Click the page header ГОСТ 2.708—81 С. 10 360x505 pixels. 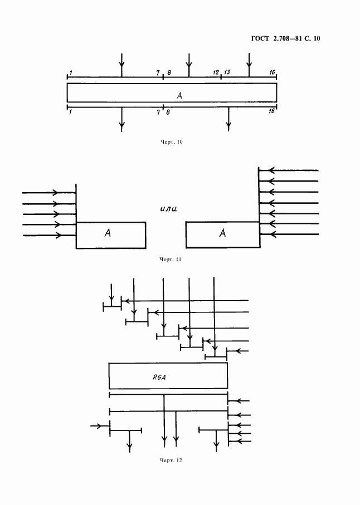(285, 38)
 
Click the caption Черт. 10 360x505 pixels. (172, 142)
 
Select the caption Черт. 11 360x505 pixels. (171, 259)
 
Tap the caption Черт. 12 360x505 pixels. (171, 460)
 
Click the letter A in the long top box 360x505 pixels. (179, 95)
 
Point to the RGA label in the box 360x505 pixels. (159, 377)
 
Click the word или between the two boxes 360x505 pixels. (168, 209)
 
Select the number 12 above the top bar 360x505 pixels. (216, 72)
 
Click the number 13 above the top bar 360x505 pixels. (227, 72)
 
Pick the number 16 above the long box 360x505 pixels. (273, 72)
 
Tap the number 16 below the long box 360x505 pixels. (272, 111)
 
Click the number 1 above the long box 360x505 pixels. (71, 73)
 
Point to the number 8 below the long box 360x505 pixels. (168, 112)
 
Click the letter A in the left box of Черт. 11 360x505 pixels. (108, 233)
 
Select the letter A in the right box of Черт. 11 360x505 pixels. (222, 233)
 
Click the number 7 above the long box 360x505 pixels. (158, 73)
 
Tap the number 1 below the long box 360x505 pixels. (70, 112)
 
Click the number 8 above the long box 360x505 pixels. (168, 73)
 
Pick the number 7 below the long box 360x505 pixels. (158, 112)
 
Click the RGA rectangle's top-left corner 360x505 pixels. (109, 363)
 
